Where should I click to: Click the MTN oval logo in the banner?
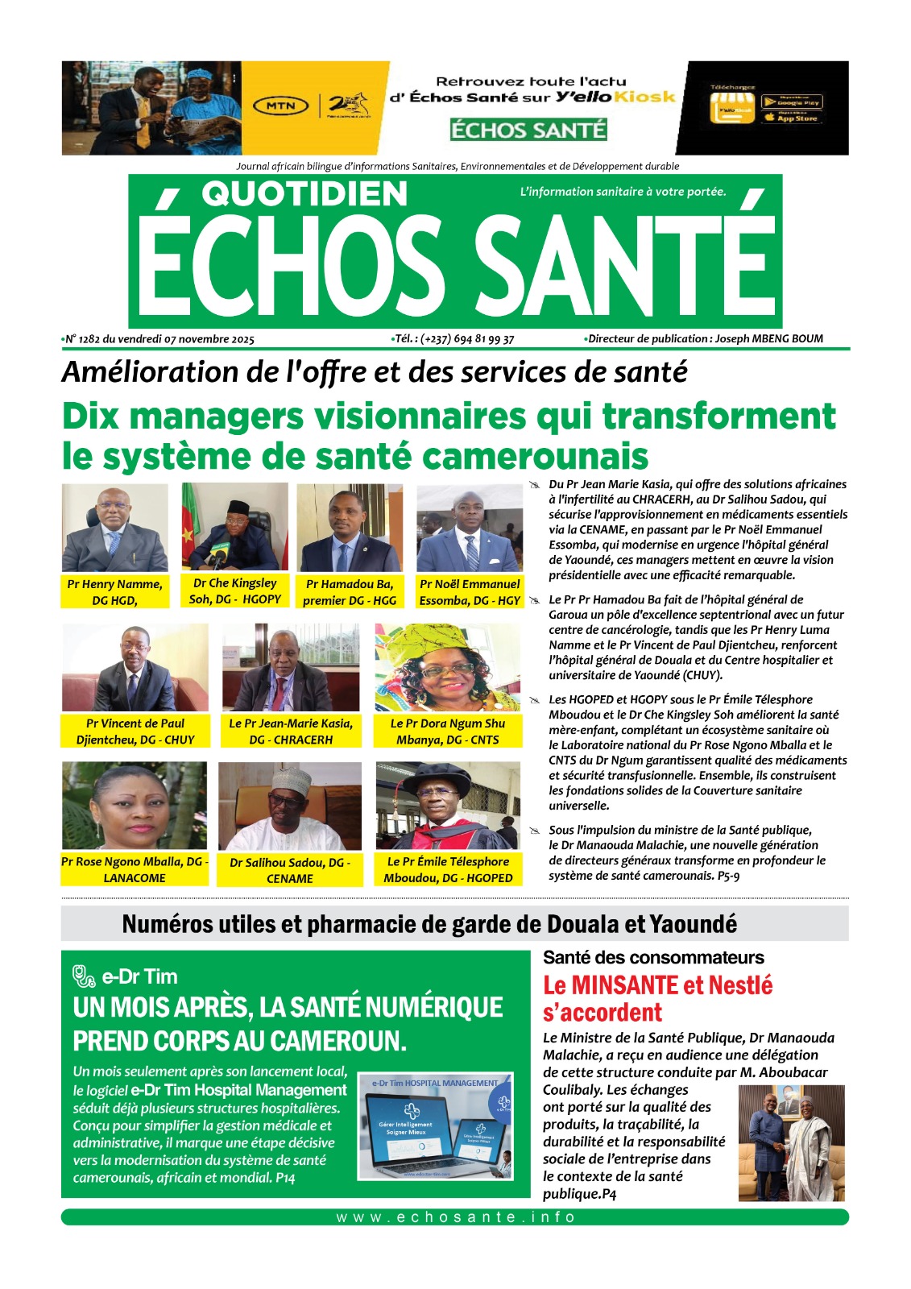[281, 106]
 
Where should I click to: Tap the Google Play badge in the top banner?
[791, 102]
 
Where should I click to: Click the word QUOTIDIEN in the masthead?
[304, 193]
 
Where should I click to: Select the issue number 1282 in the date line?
[89, 339]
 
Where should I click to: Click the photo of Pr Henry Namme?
[115, 528]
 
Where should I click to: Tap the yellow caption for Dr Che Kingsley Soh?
[235, 591]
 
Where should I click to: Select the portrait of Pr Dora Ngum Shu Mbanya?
[448, 667]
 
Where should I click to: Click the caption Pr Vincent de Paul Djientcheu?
[135, 732]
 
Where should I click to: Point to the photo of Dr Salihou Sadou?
[290, 806]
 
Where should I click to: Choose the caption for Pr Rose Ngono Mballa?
[135, 869]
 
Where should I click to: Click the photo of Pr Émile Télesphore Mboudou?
[448, 806]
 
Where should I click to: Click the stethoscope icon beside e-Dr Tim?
[84, 976]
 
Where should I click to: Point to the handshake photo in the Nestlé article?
[791, 1143]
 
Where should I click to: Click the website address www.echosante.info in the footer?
[455, 1217]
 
